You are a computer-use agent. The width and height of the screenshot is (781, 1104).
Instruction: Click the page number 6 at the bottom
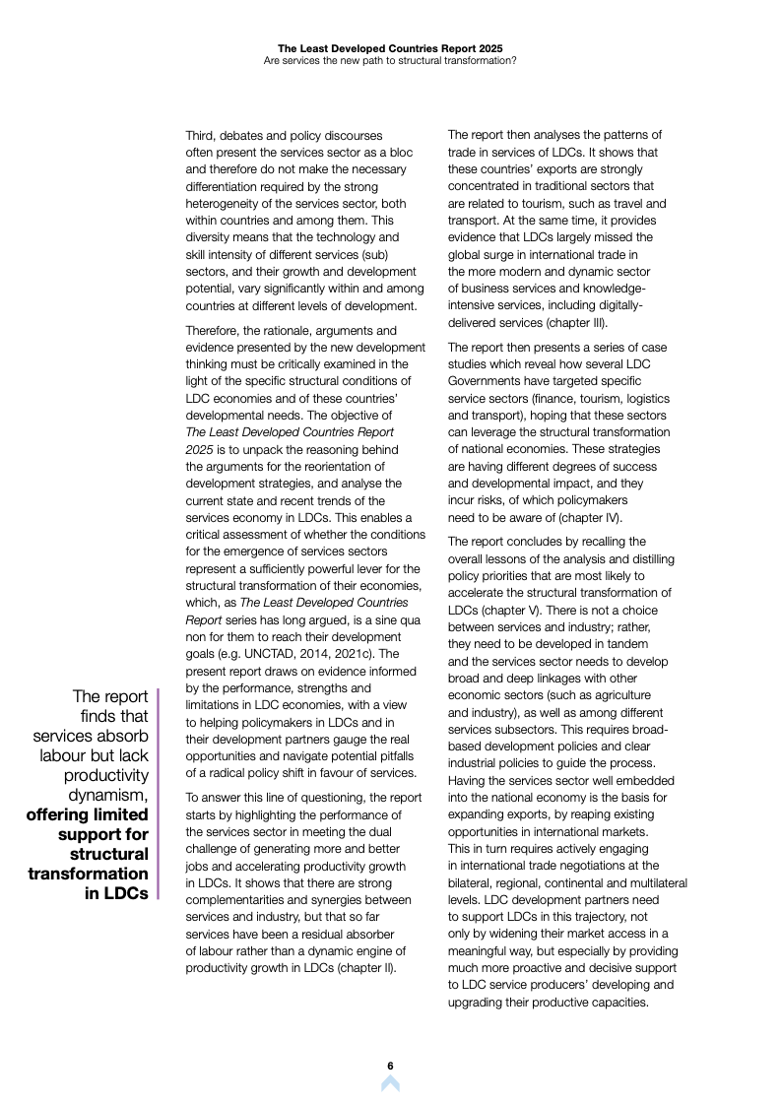click(390, 1066)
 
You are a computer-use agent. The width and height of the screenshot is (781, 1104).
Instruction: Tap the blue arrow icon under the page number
click(390, 1083)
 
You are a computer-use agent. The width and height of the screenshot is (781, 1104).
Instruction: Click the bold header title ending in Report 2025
click(390, 46)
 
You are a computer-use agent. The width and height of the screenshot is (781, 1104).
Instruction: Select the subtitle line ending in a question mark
click(390, 59)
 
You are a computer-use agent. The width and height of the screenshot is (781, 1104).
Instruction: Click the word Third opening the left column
click(201, 135)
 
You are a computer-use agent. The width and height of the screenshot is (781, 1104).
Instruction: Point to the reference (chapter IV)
click(592, 518)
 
